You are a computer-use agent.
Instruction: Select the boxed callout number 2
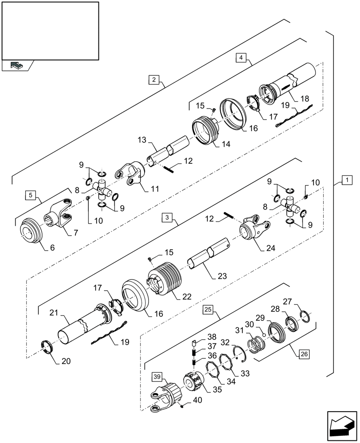coord(153,80)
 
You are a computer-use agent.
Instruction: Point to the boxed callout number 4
coord(240,58)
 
